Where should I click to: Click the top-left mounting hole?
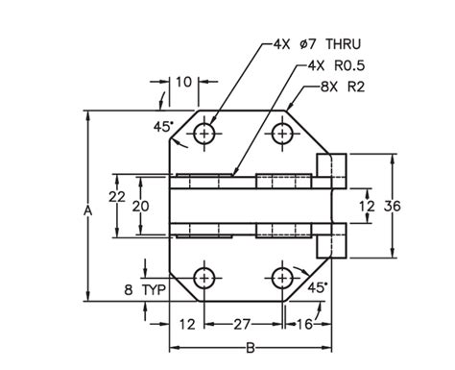[204, 134]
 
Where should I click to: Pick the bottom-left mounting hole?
[204, 279]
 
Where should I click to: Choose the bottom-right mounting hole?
[281, 279]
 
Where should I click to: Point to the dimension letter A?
[88, 209]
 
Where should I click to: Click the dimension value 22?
[116, 196]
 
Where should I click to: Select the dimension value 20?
[140, 207]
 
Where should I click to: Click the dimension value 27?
[243, 325]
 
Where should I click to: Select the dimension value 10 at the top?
[183, 84]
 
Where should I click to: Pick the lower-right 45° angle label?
[318, 286]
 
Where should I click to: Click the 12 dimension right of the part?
[367, 206]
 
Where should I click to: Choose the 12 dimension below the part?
[187, 325]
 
